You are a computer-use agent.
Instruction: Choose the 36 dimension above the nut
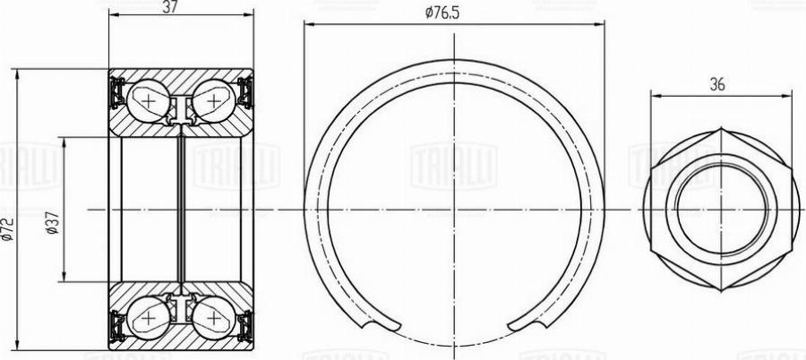click(717, 85)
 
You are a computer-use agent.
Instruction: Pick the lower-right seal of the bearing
click(246, 326)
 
